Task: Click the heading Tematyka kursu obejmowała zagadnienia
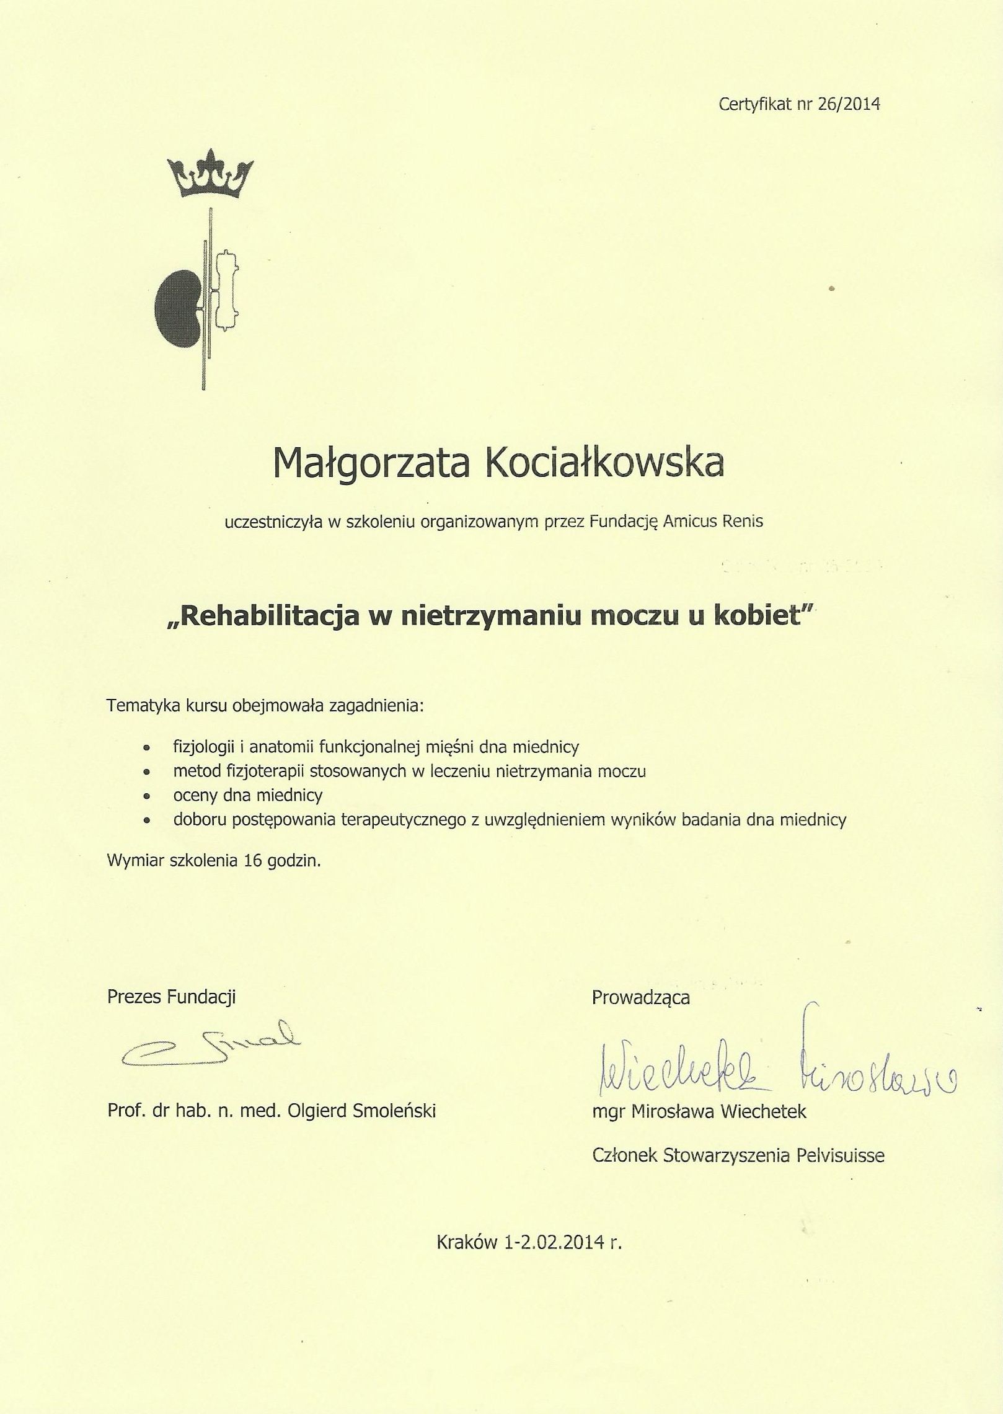266,706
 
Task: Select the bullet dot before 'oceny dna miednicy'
146,796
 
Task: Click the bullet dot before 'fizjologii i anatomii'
146,748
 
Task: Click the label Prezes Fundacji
171,997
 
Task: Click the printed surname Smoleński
394,1111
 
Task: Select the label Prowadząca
640,997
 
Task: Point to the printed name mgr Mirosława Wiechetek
699,1111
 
